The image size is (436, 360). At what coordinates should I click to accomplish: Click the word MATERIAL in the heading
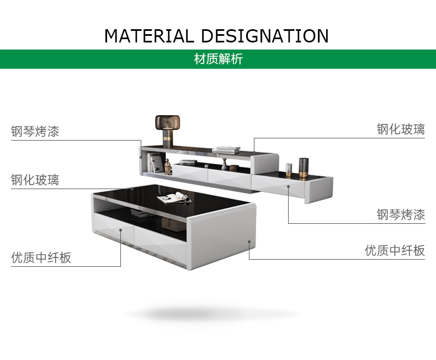click(149, 36)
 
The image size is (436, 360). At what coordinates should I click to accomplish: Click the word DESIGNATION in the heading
click(264, 36)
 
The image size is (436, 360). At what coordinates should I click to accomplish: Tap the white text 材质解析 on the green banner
click(219, 59)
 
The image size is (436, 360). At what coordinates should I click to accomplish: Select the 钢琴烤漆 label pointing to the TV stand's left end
click(35, 131)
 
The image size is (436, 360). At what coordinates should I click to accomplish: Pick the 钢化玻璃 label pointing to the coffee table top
click(35, 180)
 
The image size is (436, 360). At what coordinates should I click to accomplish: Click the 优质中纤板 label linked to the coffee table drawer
click(41, 257)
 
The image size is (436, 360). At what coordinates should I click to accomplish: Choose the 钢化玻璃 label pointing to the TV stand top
click(401, 129)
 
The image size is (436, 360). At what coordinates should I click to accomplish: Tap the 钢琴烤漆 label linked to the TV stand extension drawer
click(401, 214)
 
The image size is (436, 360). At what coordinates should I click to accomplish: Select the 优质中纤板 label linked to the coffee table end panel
click(395, 250)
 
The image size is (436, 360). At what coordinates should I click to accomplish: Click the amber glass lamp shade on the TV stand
click(167, 123)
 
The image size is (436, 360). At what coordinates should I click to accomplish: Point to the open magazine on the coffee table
click(174, 198)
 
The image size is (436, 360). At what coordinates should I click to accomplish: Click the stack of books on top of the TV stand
click(226, 150)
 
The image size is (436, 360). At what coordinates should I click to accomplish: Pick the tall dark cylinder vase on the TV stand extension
click(304, 168)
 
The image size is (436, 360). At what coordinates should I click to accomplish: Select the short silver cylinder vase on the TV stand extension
click(289, 170)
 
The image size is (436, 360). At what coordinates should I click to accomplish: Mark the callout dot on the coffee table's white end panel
click(249, 241)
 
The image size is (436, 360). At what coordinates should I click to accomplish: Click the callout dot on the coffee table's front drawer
click(121, 230)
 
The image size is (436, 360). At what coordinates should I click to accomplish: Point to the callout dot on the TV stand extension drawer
click(288, 186)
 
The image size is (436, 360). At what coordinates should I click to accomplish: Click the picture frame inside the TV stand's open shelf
click(156, 163)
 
